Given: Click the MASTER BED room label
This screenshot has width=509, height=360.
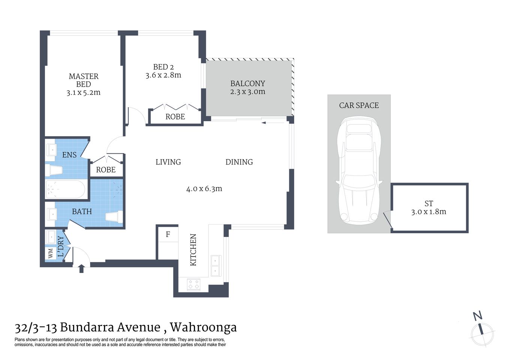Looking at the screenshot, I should point(83,80).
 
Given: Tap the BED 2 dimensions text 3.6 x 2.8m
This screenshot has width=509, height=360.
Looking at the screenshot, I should point(163,75).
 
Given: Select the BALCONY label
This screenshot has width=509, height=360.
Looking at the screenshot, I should point(248,83).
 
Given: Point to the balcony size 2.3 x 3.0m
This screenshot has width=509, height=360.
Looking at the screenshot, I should point(248,92).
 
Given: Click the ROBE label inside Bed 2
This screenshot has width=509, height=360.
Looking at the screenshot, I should point(175,117).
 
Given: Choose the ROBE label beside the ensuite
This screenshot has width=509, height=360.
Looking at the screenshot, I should point(106,170).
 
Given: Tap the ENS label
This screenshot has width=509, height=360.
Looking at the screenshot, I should point(69,155).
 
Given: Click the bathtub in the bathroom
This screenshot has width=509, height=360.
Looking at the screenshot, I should point(66,189).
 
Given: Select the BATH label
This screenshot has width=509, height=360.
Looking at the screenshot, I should point(82,211).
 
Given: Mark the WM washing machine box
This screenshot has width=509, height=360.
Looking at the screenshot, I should point(50,253).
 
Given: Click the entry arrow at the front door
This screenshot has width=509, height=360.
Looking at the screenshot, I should point(81,268).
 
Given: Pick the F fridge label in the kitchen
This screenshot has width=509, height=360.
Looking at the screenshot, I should point(168,234).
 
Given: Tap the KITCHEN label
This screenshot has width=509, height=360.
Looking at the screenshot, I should point(193,250).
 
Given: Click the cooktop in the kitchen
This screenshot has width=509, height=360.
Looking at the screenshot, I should point(194,284).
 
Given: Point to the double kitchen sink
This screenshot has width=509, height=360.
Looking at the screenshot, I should point(216,265).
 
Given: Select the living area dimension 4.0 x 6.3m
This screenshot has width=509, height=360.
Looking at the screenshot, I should point(204,189).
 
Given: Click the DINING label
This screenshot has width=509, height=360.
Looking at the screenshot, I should point(239,162).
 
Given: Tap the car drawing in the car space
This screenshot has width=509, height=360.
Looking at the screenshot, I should point(359,171).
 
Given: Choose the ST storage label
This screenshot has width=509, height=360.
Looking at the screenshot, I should point(429,204).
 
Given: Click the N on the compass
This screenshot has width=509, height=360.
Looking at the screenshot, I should point(477,316).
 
